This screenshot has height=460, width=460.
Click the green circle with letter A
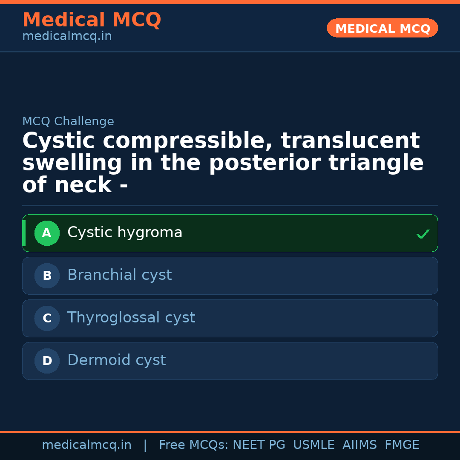[x=47, y=233]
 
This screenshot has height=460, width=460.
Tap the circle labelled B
[x=47, y=276]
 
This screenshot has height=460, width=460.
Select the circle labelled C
[x=47, y=318]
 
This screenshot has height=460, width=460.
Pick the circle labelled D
[x=47, y=361]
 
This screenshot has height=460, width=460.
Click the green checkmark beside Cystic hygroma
[x=423, y=234]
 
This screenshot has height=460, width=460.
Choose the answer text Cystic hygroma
[x=125, y=233]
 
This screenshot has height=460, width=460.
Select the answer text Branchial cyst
[x=119, y=275]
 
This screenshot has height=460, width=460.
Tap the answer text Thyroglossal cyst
[x=131, y=318]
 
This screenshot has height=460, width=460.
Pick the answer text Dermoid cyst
[x=116, y=360]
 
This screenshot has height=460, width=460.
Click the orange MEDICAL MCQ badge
[x=382, y=28]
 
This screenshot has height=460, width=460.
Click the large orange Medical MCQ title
[x=92, y=20]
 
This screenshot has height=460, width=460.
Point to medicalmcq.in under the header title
[x=67, y=36]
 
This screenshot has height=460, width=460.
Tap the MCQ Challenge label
[x=68, y=121]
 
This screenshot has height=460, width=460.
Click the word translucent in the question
[x=350, y=141]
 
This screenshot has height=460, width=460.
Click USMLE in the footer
[x=313, y=445]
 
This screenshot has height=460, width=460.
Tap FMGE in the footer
[x=402, y=445]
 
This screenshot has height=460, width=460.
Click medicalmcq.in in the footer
[x=86, y=445]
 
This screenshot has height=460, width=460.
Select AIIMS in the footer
[x=359, y=445]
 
